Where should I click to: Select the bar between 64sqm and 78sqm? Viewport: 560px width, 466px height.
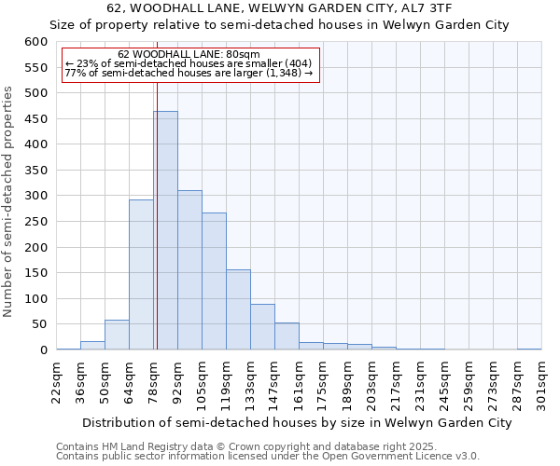click(x=141, y=275)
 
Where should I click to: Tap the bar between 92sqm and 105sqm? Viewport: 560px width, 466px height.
click(x=189, y=270)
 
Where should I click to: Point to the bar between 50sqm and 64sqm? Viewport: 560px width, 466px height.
click(x=117, y=335)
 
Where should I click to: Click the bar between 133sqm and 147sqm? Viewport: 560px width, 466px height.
click(x=262, y=327)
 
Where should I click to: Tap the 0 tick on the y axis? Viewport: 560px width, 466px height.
click(x=43, y=350)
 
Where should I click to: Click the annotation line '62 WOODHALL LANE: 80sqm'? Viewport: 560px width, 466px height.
click(x=189, y=55)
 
